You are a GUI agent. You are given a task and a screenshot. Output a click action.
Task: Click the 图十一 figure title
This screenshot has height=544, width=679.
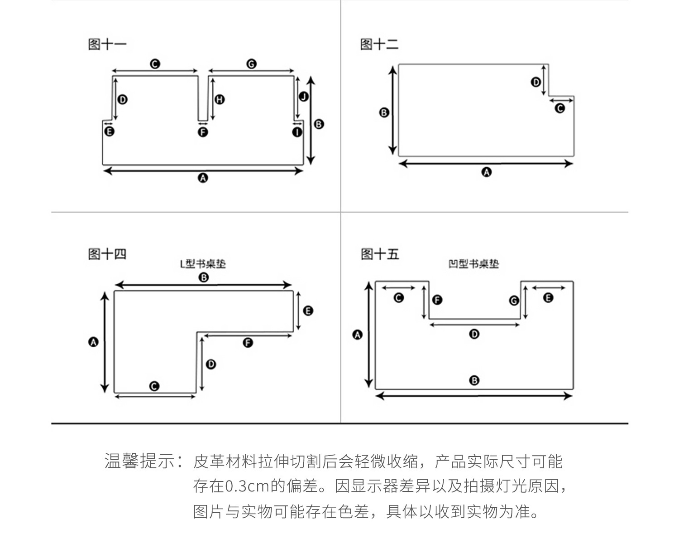click(x=107, y=44)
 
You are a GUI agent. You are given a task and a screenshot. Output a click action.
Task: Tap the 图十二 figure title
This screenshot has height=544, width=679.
click(x=379, y=44)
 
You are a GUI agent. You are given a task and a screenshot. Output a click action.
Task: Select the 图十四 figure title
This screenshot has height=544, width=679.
click(x=107, y=254)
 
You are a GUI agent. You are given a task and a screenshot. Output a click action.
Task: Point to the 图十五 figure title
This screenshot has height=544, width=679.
click(x=380, y=254)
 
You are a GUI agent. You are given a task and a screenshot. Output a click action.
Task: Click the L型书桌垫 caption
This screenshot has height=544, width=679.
click(x=203, y=264)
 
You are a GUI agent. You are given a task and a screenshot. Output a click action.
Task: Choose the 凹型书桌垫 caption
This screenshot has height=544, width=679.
click(x=473, y=264)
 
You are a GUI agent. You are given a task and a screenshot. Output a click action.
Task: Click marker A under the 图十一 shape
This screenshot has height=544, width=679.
click(x=203, y=178)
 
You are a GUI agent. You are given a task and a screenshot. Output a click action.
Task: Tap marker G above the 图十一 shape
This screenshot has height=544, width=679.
click(x=251, y=64)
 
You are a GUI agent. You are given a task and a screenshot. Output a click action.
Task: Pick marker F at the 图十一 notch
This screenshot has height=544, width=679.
click(x=203, y=132)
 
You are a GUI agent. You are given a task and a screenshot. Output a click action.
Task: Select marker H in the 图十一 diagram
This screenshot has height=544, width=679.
click(x=220, y=99)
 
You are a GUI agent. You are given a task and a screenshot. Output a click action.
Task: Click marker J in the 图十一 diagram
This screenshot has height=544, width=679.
click(x=304, y=96)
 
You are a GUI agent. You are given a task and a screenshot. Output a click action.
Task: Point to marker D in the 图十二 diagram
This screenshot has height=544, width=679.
click(x=536, y=82)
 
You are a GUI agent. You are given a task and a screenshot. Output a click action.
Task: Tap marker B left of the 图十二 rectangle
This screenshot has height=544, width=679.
click(x=384, y=112)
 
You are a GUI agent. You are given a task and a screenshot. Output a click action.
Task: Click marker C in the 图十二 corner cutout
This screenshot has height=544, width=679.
click(x=560, y=108)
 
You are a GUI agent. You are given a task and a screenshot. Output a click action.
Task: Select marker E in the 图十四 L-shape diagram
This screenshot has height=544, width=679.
click(x=308, y=311)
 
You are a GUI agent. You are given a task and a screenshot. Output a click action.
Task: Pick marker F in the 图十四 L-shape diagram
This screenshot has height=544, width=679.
click(x=248, y=343)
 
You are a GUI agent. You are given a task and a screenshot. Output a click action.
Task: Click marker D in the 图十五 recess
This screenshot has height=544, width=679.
click(x=474, y=334)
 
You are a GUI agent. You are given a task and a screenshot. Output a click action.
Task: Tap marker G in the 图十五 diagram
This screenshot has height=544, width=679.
click(x=514, y=301)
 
